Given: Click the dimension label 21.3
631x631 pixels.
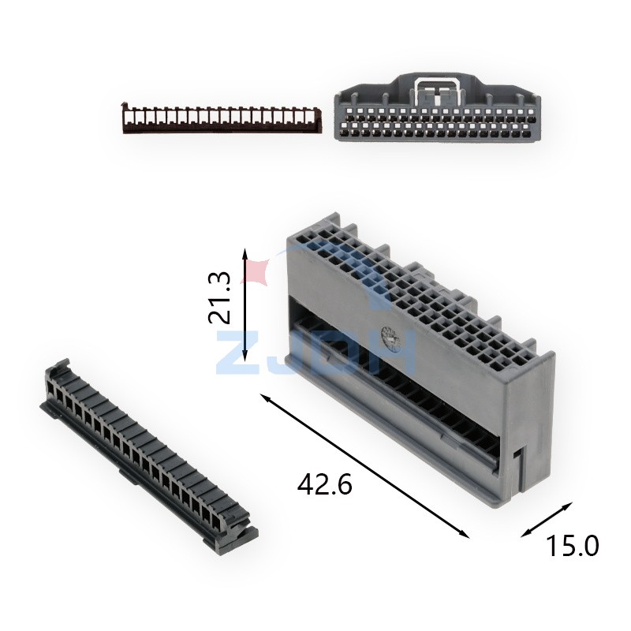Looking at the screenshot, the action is (220, 298).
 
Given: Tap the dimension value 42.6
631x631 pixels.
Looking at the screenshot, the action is (324, 484).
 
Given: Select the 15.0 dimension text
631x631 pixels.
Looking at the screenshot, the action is (572, 546).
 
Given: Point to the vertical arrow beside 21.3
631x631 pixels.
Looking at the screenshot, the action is (245, 304).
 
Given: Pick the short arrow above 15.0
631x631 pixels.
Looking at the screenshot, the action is (547, 520).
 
